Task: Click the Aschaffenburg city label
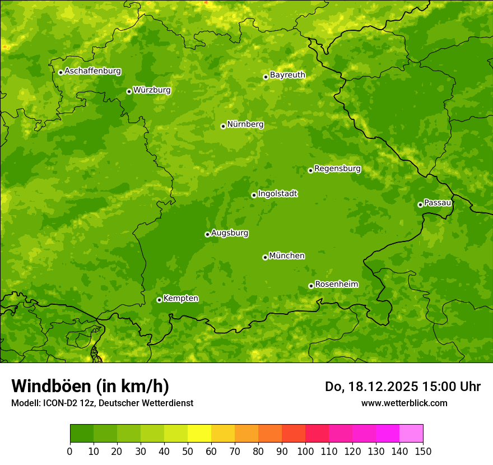[92, 71]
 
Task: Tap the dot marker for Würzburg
[129, 91]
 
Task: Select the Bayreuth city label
[287, 75]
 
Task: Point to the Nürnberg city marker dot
[223, 126]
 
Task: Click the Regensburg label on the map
[337, 169]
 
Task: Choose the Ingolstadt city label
[277, 194]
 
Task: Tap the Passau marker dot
[420, 204]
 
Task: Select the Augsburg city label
[230, 233]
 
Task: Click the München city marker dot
[265, 257]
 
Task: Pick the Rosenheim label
[336, 285]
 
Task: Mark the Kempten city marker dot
[159, 300]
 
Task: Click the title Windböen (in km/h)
[90, 386]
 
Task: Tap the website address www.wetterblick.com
[404, 403]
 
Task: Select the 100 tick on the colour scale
[305, 451]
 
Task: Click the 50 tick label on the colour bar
[188, 451]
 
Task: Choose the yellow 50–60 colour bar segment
[199, 433]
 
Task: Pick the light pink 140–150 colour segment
[411, 433]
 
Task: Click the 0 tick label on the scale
[70, 451]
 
